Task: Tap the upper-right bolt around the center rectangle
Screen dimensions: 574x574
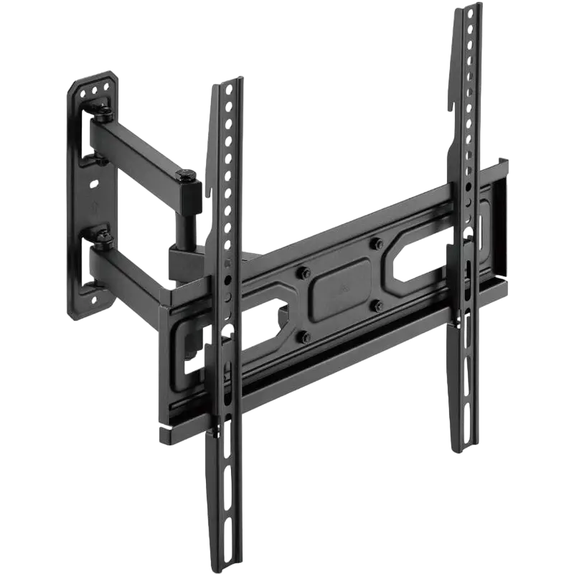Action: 377,245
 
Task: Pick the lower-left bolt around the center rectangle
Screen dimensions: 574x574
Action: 304,335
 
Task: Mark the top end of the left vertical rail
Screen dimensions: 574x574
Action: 222,84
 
